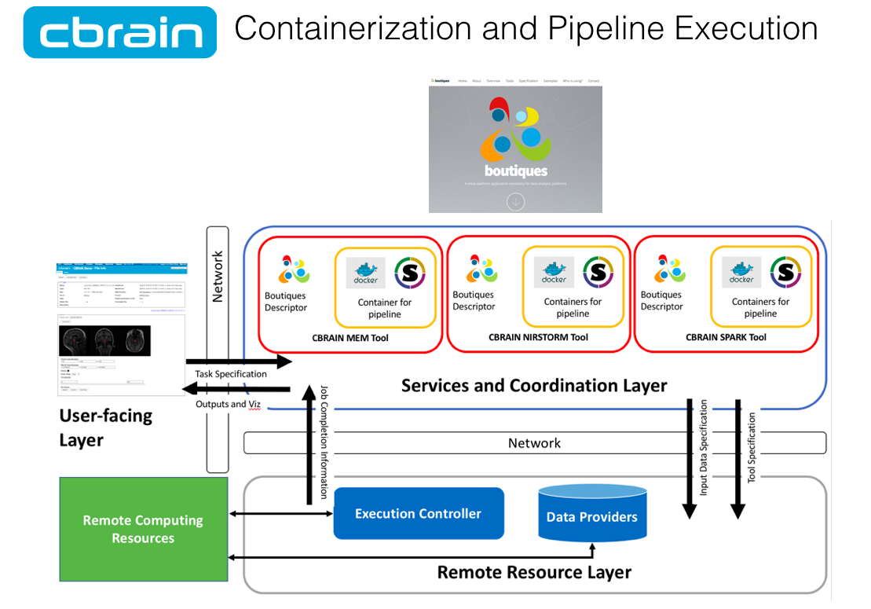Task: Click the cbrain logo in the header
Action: [120, 32]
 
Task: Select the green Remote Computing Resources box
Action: [143, 529]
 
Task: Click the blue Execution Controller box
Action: [418, 514]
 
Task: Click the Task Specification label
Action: [231, 374]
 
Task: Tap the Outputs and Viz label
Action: [232, 404]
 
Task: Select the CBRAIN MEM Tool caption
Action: [349, 338]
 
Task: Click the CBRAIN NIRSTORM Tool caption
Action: [538, 338]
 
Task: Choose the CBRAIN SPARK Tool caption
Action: [726, 338]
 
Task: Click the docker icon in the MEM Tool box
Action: [366, 273]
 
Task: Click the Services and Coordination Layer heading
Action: [534, 386]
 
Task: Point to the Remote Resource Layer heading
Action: [534, 572]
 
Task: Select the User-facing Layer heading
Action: [105, 427]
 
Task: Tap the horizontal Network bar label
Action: [534, 443]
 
